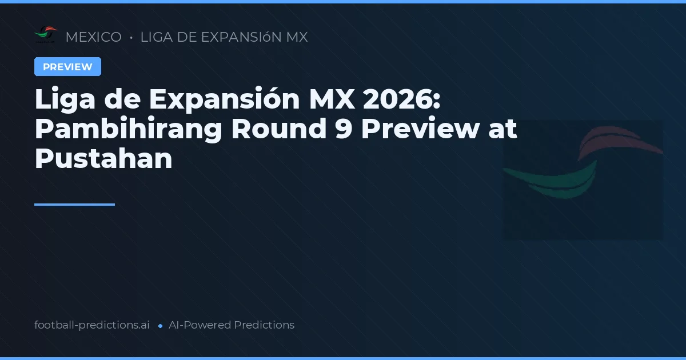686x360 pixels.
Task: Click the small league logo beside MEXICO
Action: click(46, 35)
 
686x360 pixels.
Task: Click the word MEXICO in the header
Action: click(93, 37)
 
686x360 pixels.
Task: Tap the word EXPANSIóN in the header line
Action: click(240, 37)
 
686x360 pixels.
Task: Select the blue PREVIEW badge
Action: click(67, 67)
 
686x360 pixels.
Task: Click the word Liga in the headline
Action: click(60, 101)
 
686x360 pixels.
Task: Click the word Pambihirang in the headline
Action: click(128, 130)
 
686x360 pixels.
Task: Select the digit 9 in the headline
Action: click(338, 130)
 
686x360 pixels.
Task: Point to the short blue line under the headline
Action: click(74, 204)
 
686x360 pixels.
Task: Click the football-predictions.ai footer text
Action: click(92, 325)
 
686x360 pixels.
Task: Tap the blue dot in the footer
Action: click(160, 326)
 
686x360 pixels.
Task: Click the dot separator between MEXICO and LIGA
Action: click(131, 38)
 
